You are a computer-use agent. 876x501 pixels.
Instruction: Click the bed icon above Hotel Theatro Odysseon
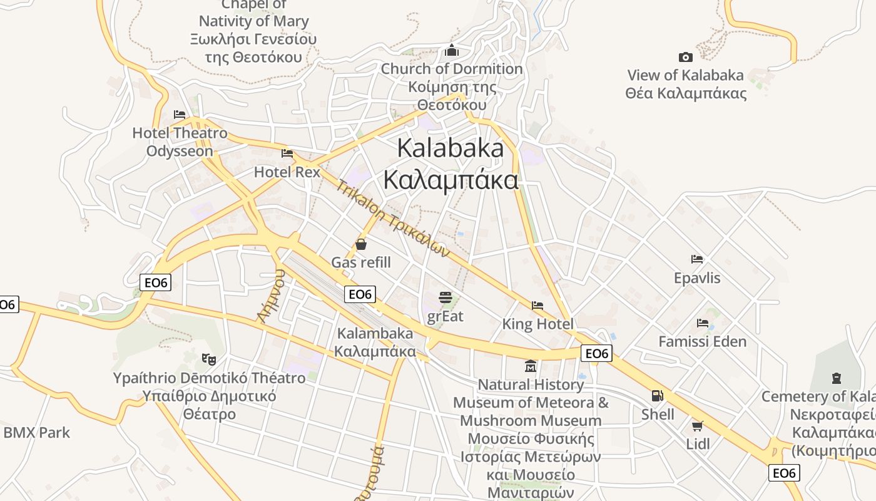pos(180,115)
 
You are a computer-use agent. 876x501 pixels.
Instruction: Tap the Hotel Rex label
pos(287,172)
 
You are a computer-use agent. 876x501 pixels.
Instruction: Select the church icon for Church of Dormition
pos(452,51)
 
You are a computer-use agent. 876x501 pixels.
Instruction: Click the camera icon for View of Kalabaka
pos(686,57)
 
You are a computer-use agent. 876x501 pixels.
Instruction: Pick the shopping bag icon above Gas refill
pos(361,244)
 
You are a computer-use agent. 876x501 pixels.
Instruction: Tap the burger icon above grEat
pos(446,297)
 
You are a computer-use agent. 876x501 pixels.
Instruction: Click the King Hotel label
pos(537,324)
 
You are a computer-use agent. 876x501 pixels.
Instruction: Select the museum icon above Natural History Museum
pos(531,366)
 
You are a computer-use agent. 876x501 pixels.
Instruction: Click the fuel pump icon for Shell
pos(658,395)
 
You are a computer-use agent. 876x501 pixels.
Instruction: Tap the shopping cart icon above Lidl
pos(698,426)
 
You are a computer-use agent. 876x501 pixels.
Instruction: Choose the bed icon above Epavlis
pos(697,259)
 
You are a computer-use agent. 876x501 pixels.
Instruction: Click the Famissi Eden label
pos(703,341)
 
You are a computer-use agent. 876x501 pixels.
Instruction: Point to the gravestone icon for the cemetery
pos(837,378)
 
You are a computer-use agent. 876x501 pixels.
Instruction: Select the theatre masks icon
pos(209,359)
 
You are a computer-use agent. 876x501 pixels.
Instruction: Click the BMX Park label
pos(37,432)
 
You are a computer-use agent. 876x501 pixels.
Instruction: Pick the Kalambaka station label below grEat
pos(375,342)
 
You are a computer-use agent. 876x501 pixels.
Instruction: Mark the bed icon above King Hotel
pos(537,306)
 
